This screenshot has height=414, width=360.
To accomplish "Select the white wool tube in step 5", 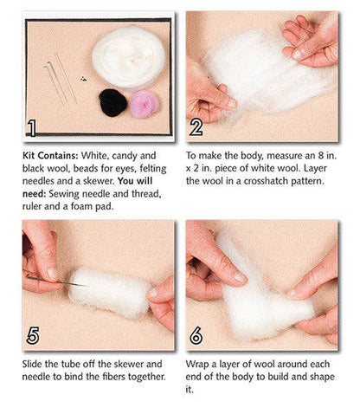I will [x=109, y=292].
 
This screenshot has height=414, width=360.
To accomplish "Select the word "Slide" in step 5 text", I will [x=35, y=364].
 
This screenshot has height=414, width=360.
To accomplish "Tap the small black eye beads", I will [x=83, y=79].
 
